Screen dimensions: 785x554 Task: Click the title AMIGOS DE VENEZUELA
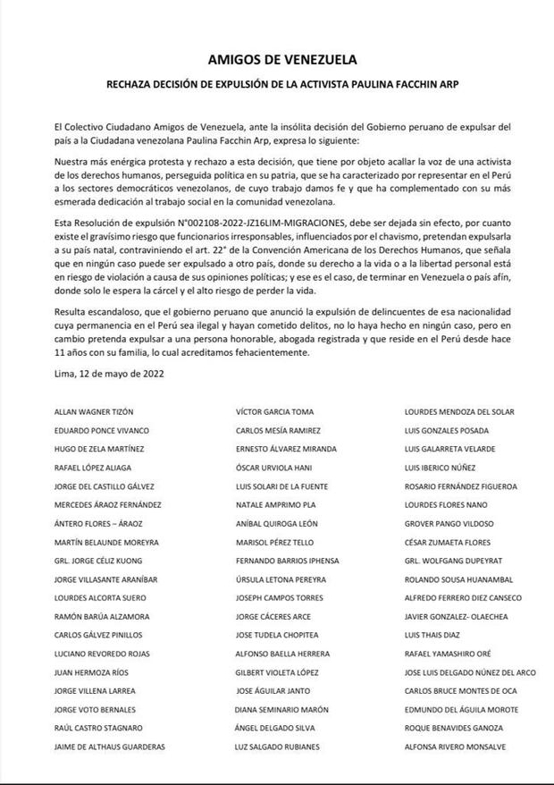click(x=281, y=60)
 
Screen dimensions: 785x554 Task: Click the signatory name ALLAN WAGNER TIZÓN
click(x=94, y=411)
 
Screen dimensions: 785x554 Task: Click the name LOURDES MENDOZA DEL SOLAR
click(x=460, y=411)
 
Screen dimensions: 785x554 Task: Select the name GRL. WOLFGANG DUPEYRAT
click(x=451, y=561)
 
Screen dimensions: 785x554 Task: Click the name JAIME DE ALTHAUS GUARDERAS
click(x=110, y=747)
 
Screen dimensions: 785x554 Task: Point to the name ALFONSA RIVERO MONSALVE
click(x=456, y=747)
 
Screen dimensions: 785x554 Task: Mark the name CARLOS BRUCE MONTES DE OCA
click(x=461, y=691)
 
